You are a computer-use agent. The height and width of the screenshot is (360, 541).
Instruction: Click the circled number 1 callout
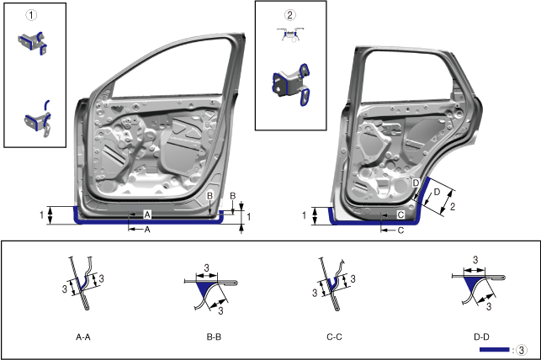pos(31,15)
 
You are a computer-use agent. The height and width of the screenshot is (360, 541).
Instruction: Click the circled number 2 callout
pos(289,14)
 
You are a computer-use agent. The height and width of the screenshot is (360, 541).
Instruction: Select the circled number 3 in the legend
pos(522,350)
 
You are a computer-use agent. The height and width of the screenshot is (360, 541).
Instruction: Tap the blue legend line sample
pos(494,350)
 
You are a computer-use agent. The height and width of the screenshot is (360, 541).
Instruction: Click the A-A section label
pos(83,337)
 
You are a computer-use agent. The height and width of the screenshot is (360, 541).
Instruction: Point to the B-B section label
pos(214,337)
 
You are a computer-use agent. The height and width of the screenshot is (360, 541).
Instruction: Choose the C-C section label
pos(334,337)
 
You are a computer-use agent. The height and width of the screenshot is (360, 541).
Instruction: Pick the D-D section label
pos(481,337)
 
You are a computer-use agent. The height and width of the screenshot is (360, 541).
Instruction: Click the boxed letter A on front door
pos(147,214)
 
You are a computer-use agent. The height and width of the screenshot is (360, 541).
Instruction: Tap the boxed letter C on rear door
pos(400,214)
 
